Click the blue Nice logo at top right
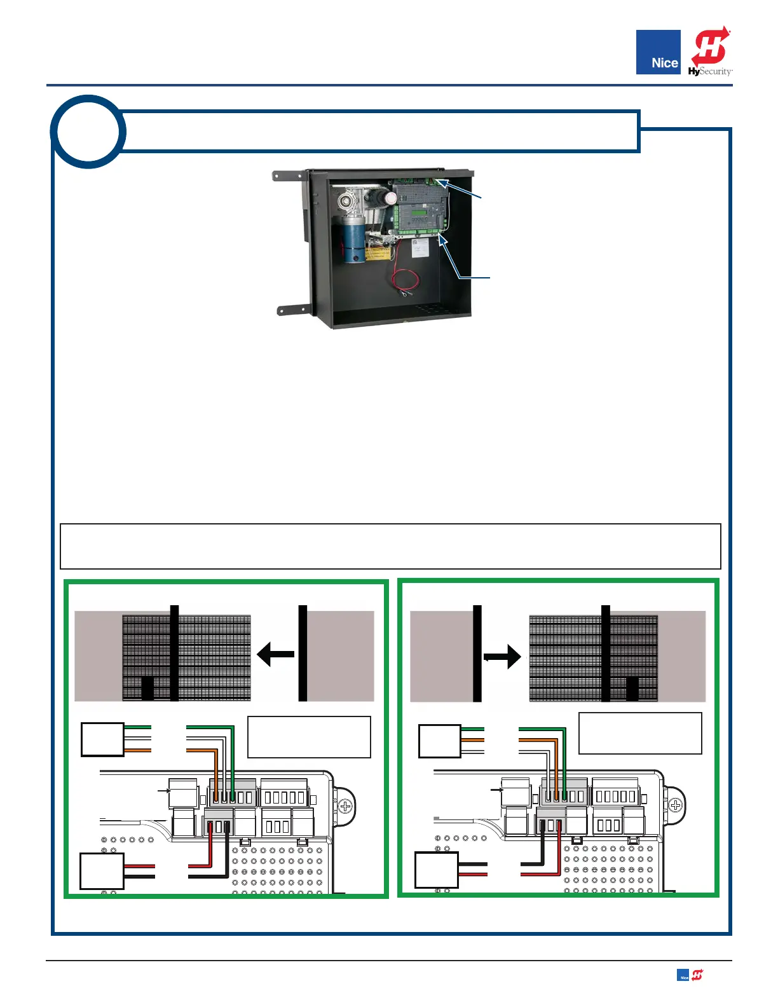pos(658,52)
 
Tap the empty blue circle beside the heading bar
pos(88,132)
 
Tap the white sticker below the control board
pos(420,248)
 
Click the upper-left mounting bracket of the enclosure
pos(289,175)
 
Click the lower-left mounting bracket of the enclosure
pos(293,310)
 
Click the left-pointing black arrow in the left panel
pos(275,654)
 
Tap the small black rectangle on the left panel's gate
pos(147,688)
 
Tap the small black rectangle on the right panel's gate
pos(632,688)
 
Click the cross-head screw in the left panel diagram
pos(345,807)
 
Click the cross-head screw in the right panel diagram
pos(676,805)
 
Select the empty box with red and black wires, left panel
pos(102,871)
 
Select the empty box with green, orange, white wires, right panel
pos(439,741)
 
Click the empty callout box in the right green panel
pos(640,733)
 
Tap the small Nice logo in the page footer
pos(683,976)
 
